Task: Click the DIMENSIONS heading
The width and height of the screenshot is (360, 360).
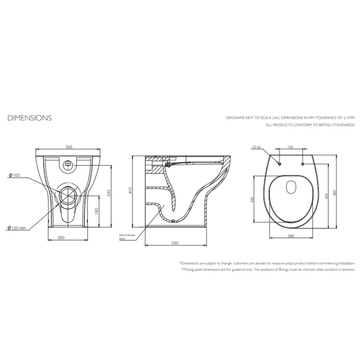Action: pyautogui.click(x=29, y=118)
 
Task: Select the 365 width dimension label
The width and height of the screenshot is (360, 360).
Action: pyautogui.click(x=69, y=146)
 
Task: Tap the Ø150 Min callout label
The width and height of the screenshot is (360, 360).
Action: pyautogui.click(x=17, y=228)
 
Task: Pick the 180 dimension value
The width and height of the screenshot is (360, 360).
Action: pyautogui.click(x=97, y=211)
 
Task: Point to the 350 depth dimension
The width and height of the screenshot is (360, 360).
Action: pyautogui.click(x=175, y=243)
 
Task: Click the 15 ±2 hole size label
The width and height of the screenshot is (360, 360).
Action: pyautogui.click(x=256, y=147)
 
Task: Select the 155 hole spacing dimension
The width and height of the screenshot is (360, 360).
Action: pyautogui.click(x=291, y=146)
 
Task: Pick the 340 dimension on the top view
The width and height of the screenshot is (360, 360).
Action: pyautogui.click(x=252, y=199)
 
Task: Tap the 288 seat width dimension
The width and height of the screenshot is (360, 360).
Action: pyautogui.click(x=291, y=235)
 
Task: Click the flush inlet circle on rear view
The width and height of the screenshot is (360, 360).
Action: pyautogui.click(x=68, y=164)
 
